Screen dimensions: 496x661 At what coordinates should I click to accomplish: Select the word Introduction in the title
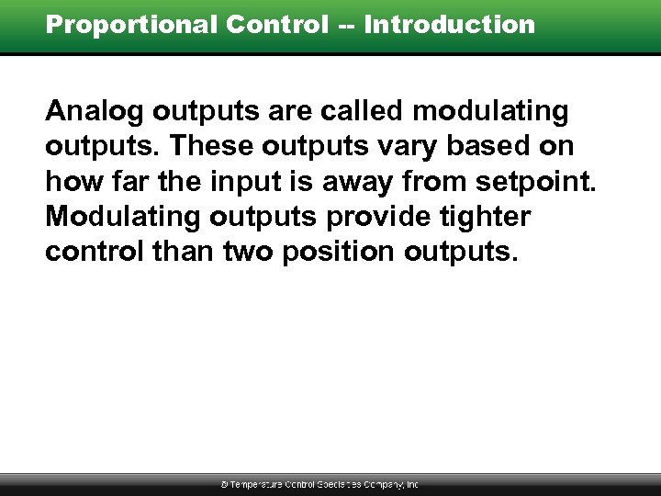tap(449, 25)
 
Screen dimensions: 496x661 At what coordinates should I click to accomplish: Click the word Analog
tap(95, 112)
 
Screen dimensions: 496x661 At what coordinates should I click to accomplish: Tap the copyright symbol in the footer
tap(225, 484)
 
